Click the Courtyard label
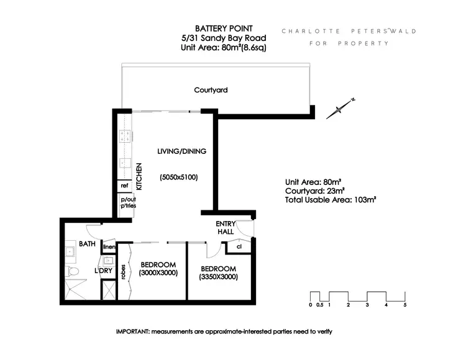click(211, 90)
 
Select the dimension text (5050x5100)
click(178, 177)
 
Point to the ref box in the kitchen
click(124, 186)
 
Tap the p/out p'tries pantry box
click(128, 202)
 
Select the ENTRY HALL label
click(224, 227)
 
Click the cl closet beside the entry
click(239, 246)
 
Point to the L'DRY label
click(103, 271)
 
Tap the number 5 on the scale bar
click(405, 305)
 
